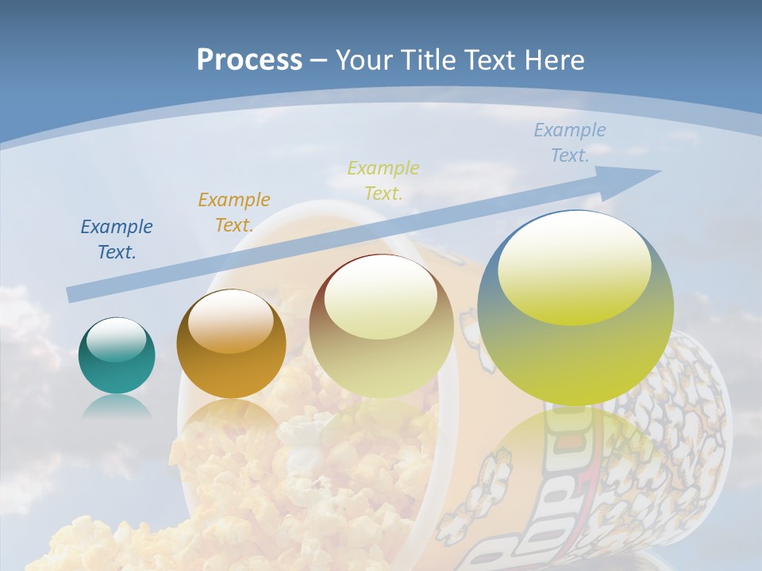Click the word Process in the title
[x=249, y=60]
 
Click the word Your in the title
[x=364, y=60]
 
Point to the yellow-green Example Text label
[x=383, y=180]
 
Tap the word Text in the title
[x=489, y=60]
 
